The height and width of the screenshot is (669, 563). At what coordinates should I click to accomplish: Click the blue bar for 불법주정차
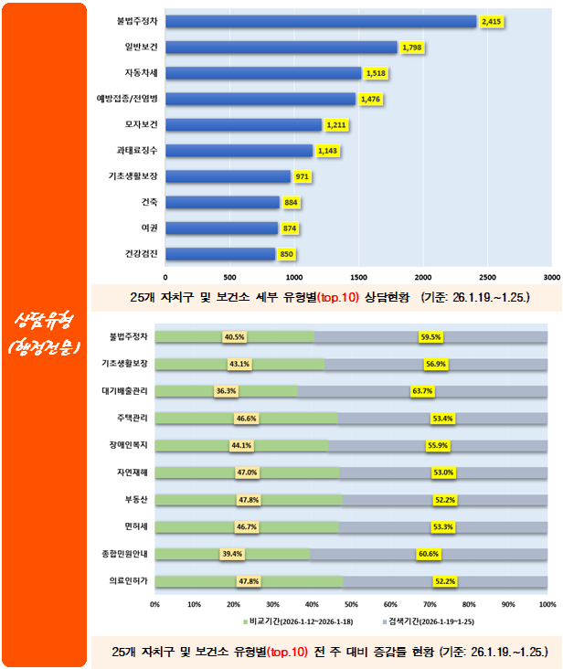(320, 21)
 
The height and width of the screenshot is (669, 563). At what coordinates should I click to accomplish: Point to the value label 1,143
(327, 151)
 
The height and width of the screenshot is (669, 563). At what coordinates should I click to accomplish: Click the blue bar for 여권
(221, 228)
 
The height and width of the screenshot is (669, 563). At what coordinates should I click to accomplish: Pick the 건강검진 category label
(141, 253)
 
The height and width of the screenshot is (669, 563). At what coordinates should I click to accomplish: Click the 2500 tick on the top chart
(486, 274)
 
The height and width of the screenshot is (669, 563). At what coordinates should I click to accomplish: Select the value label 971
(303, 176)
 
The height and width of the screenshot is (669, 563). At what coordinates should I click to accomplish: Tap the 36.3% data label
(226, 391)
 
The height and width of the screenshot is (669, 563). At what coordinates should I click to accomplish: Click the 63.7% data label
(422, 391)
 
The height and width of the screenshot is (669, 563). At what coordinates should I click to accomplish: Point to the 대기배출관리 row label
(128, 390)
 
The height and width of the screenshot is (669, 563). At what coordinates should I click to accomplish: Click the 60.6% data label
(428, 554)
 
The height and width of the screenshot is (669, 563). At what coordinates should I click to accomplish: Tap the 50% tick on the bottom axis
(351, 605)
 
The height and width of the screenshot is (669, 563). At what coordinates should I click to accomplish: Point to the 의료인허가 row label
(130, 580)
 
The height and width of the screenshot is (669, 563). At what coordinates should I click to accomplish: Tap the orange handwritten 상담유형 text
(45, 321)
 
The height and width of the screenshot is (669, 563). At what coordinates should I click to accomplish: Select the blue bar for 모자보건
(243, 124)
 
